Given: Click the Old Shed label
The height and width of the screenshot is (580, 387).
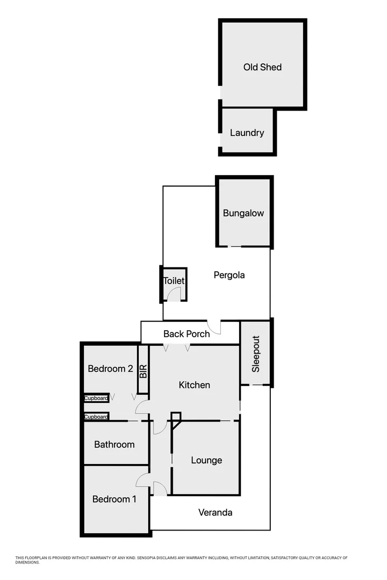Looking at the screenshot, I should [262, 67].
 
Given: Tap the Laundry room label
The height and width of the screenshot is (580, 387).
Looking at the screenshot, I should [247, 133].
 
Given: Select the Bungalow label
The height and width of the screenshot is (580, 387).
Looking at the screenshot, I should [243, 213].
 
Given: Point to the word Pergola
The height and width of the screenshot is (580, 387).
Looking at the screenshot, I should [229, 275].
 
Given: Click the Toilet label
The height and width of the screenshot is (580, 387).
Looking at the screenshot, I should [174, 281].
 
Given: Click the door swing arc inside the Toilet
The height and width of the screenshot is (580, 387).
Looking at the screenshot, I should [175, 294].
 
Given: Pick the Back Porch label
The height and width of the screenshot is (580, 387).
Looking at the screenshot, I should [187, 334].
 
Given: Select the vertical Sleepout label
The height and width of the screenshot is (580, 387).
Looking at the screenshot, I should [256, 354].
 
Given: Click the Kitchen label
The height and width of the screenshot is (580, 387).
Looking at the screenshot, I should [194, 385].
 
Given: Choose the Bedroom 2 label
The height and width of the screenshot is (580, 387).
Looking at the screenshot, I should [110, 369].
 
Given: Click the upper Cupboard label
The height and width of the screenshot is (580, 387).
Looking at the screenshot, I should [96, 398].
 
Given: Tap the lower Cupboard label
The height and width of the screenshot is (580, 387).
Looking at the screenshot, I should [96, 417].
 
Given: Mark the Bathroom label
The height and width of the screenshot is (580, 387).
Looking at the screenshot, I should [114, 445].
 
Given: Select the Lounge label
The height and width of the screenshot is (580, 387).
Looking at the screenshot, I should [206, 460].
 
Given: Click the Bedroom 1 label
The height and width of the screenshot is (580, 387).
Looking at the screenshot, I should [114, 499].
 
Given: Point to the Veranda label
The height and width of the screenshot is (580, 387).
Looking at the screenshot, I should [215, 512].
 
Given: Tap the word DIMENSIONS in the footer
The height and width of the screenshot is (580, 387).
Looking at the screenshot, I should [27, 562].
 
